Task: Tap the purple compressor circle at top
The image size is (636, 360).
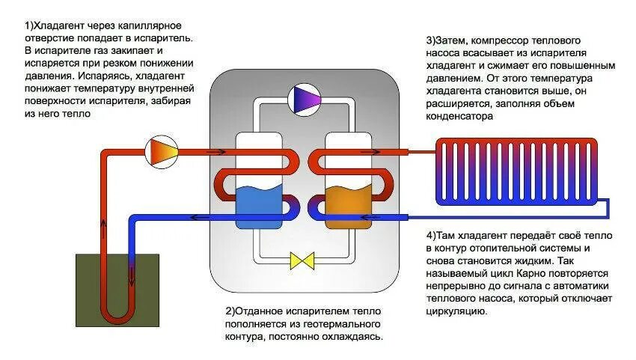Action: pos(305,99)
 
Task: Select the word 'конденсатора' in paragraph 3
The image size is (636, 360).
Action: pos(459,117)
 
